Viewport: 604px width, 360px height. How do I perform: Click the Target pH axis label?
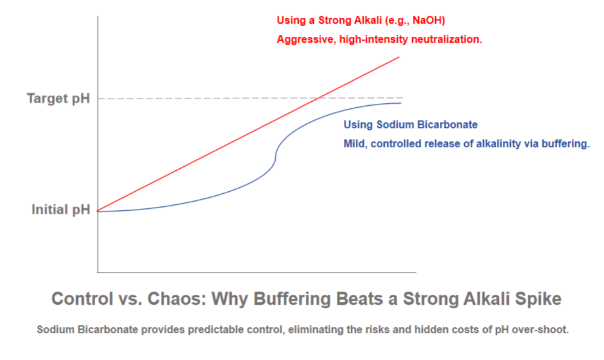(58, 99)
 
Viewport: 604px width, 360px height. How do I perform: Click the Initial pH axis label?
(60, 210)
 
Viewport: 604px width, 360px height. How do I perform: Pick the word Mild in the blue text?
(355, 144)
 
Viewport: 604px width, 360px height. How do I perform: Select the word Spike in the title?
(538, 299)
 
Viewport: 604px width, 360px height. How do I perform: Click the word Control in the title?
(82, 299)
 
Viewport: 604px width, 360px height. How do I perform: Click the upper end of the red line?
(399, 57)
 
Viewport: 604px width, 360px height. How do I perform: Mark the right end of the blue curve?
(400, 103)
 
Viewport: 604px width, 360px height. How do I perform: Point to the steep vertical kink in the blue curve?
(276, 158)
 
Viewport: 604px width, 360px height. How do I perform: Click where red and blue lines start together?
(98, 211)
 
